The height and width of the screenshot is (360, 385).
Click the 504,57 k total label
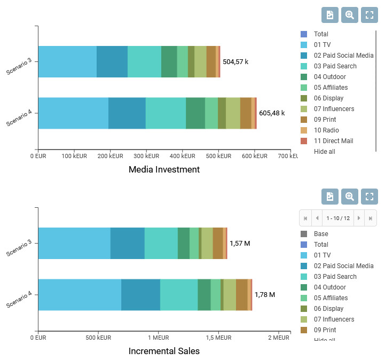235,62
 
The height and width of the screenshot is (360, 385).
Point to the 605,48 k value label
272,113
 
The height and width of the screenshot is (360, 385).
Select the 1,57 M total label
240,244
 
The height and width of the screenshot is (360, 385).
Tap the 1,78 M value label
265,295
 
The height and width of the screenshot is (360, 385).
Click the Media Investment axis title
164,170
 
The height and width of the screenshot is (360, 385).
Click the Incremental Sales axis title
164,351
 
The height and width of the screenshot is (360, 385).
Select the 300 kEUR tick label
146,156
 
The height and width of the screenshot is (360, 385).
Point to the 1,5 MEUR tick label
219,338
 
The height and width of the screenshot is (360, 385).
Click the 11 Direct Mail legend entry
333,141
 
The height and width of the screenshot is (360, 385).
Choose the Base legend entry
321,234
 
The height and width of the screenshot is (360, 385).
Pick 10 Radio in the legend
326,130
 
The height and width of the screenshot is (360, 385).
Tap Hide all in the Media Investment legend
325,152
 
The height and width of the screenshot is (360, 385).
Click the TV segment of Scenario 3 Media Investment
67,62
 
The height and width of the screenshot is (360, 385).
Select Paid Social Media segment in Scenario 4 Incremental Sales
140,295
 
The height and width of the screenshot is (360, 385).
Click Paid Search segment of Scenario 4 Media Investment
166,113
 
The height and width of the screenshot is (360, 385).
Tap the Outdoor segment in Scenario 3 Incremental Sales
184,244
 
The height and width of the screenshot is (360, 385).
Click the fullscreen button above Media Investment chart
370,15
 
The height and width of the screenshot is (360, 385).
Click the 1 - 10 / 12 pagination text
337,218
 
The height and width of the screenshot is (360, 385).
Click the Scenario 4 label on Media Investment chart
20,118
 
